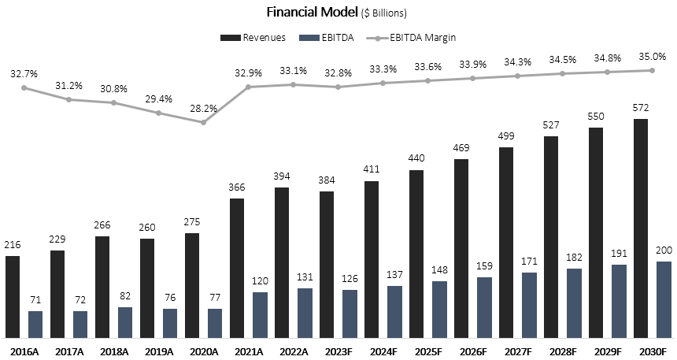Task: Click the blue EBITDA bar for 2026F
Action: (x=484, y=307)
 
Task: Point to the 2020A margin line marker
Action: (x=203, y=122)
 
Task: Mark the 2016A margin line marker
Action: (x=24, y=87)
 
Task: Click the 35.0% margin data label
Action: (x=653, y=56)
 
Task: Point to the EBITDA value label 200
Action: (x=664, y=251)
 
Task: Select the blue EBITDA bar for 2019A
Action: (x=170, y=323)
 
